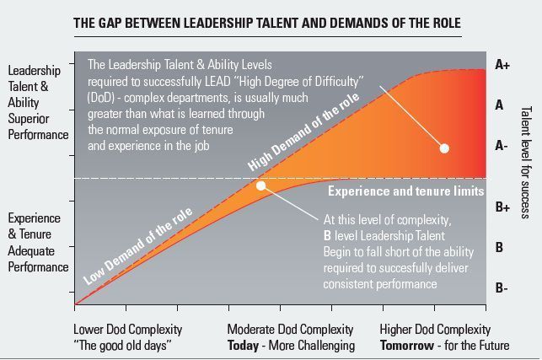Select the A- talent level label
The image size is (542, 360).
point(501,145)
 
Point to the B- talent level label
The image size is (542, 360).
point(501,288)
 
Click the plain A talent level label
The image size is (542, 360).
point(500,105)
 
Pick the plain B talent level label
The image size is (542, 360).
point(500,247)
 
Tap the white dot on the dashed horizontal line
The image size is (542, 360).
point(261,185)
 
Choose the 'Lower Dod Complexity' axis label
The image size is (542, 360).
point(128,329)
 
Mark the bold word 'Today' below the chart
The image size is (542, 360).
point(244,345)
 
